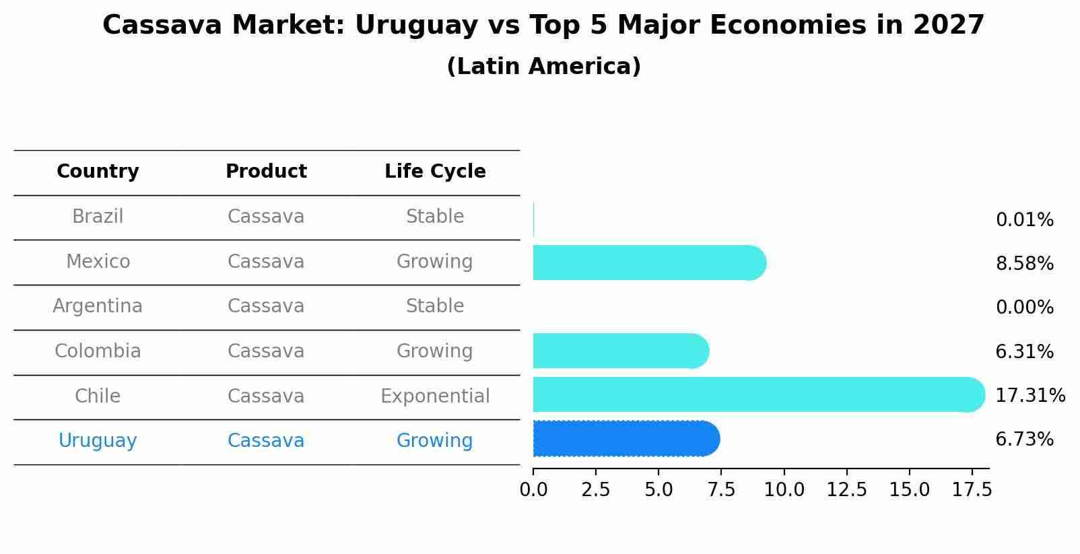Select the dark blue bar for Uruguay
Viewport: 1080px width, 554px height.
coord(626,439)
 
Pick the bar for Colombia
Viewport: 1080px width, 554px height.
coord(620,351)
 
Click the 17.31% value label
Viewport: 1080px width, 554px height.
coord(1030,395)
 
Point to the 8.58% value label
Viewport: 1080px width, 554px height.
coord(1024,263)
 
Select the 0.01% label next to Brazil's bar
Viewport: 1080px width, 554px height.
coord(1024,219)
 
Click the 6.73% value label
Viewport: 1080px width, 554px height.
coord(1024,440)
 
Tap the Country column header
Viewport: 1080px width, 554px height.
coord(98,172)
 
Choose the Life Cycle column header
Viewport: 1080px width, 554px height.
coord(435,172)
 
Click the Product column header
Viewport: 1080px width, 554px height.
coord(266,172)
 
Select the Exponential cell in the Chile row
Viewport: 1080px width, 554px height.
coord(435,396)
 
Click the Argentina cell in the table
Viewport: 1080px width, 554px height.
coord(98,306)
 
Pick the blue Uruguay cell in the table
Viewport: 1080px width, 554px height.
coord(98,441)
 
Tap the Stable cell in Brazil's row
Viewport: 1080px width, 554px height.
coord(435,217)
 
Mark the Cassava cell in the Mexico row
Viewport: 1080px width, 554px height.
coord(266,261)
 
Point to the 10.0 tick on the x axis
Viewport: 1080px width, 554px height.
coord(784,490)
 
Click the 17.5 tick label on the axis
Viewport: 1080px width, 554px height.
coord(972,490)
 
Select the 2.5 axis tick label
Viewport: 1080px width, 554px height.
coord(595,490)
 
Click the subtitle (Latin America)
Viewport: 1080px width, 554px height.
coord(543,67)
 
